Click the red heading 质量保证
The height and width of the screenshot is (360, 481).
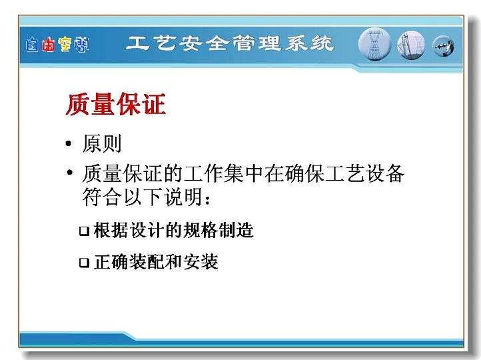point(116,105)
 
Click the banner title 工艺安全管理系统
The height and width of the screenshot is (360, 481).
point(229,43)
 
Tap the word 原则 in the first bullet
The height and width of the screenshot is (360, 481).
point(102,143)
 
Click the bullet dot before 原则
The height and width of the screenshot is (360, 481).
point(69,143)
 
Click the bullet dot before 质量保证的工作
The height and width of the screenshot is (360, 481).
point(70,172)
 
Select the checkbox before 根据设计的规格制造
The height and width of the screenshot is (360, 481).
point(84,231)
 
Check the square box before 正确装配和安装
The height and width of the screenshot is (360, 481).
point(84,263)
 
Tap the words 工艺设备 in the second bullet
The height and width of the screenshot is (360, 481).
point(364,174)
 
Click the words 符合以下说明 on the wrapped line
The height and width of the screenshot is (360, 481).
point(143,197)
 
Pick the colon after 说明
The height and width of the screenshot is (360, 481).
point(207,199)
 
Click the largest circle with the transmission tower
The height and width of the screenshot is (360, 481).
point(374,44)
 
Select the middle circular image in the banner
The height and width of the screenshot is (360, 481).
point(411,45)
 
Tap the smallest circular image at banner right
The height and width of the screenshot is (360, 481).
point(443,46)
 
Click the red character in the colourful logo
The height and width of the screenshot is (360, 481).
point(48,45)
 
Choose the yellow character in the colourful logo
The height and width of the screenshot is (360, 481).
point(65,45)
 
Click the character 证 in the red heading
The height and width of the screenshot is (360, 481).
point(154,105)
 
